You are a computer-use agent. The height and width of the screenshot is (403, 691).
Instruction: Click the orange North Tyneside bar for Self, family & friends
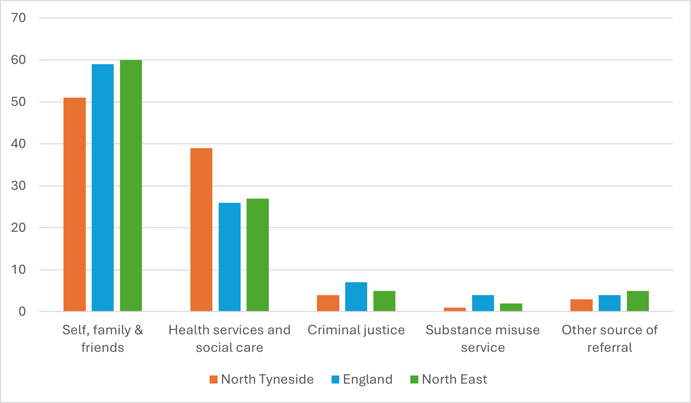pyautogui.click(x=75, y=204)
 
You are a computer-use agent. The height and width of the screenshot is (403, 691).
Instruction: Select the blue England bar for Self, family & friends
pyautogui.click(x=102, y=188)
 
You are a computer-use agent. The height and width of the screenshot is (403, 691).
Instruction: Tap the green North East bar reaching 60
pyautogui.click(x=131, y=186)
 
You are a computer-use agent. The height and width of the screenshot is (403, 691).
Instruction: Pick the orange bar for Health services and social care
pyautogui.click(x=201, y=230)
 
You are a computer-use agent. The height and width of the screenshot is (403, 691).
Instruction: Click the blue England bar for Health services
pyautogui.click(x=229, y=257)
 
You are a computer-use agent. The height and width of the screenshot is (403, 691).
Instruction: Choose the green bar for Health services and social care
pyautogui.click(x=258, y=255)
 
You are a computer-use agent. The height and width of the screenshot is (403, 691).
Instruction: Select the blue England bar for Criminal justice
pyautogui.click(x=356, y=297)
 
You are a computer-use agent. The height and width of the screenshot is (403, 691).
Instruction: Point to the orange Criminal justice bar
pyautogui.click(x=328, y=303)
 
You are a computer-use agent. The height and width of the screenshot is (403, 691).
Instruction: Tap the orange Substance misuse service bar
pyautogui.click(x=455, y=309)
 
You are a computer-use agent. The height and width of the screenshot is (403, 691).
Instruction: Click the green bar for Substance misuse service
pyautogui.click(x=511, y=307)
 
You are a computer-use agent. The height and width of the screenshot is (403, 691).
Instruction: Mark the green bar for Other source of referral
pyautogui.click(x=638, y=301)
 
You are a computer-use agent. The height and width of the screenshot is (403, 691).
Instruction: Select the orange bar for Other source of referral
pyautogui.click(x=581, y=305)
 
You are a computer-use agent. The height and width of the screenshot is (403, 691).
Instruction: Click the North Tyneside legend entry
pyautogui.click(x=261, y=379)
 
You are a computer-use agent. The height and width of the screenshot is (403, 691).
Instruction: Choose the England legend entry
pyautogui.click(x=362, y=379)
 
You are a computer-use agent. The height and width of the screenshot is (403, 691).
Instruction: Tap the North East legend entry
pyautogui.click(x=449, y=379)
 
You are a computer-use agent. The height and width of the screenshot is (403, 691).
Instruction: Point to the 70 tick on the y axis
pyautogui.click(x=18, y=18)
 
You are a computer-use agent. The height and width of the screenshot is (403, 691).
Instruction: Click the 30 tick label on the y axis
pyautogui.click(x=18, y=186)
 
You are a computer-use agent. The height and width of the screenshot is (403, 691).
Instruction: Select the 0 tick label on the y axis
pyautogui.click(x=22, y=311)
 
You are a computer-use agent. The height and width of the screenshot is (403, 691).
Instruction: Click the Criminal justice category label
pyautogui.click(x=356, y=330)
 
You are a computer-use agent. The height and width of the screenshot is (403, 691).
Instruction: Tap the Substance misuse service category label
pyautogui.click(x=483, y=338)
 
